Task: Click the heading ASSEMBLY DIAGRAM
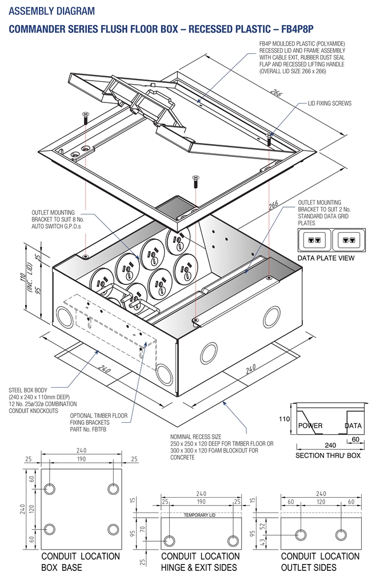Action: click(51, 11)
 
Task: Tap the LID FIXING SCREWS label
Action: click(323, 104)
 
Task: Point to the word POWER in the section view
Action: click(310, 426)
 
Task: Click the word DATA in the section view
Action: click(354, 426)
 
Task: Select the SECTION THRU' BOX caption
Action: click(328, 456)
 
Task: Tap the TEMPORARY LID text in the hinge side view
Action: click(200, 515)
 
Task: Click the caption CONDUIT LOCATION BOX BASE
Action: click(81, 562)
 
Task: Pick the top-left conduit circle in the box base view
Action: click(50, 489)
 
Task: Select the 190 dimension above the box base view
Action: click(81, 459)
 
